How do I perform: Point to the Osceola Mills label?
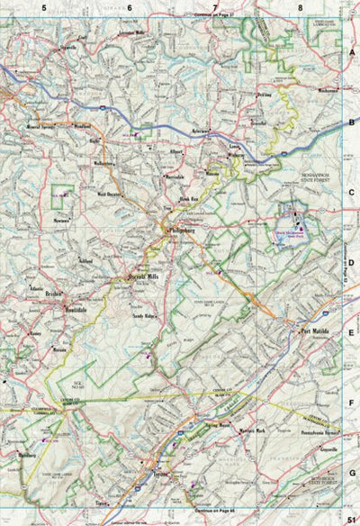145,277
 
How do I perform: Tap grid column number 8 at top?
300,7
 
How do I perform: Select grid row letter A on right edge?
353,53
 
